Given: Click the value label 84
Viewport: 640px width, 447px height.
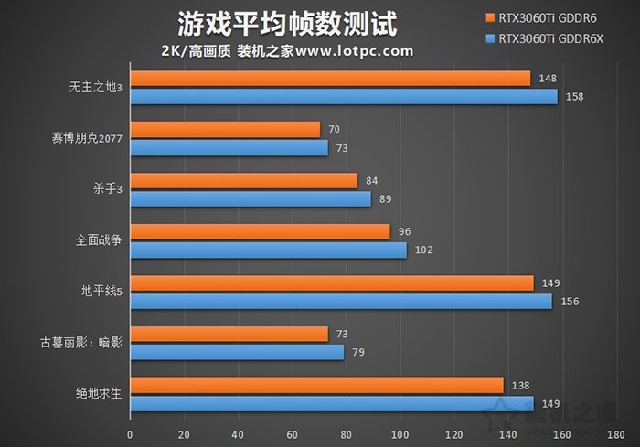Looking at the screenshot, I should coord(372,180).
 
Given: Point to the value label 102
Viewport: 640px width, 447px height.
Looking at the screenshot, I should coord(423,250).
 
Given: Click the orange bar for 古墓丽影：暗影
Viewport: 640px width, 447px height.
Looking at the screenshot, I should coord(229,335).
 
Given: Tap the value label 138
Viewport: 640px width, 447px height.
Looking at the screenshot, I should coord(521,386).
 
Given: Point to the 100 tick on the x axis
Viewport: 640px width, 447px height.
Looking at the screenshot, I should coord(400,434).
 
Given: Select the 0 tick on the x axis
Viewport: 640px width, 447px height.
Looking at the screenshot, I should coord(130,434).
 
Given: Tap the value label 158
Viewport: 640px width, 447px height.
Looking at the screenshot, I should coord(575,96).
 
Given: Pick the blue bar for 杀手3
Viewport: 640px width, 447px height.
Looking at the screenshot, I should coord(251,198).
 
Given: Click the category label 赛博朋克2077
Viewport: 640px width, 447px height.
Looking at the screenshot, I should coord(89,139).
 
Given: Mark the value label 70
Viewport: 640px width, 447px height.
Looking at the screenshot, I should coord(335,129).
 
